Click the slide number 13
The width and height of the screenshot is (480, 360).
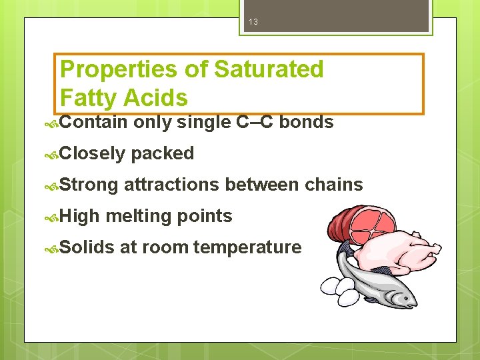point(253,23)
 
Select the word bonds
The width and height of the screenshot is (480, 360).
point(306,122)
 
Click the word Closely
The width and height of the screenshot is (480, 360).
point(93,154)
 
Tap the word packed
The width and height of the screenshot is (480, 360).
point(162,154)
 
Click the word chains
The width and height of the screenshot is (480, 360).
point(334,185)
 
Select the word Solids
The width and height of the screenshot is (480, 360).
point(87,247)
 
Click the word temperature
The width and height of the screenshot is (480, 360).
point(247,247)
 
